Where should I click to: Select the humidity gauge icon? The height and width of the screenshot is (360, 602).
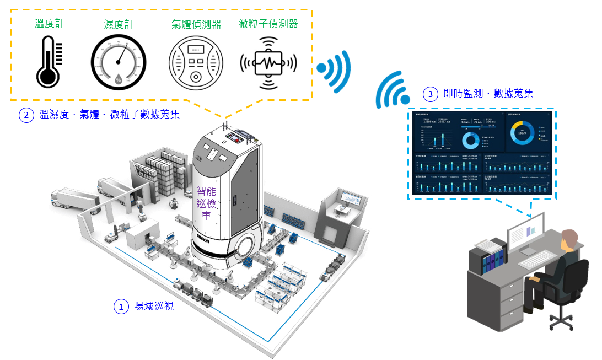pyautogui.click(x=119, y=62)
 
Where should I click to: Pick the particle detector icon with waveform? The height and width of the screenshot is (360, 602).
pyautogui.click(x=268, y=62)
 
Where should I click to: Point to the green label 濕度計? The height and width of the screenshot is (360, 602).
pyautogui.click(x=119, y=24)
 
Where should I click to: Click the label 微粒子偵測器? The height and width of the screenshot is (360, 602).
pyautogui.click(x=268, y=24)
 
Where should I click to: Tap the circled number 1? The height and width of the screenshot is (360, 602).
pyautogui.click(x=120, y=306)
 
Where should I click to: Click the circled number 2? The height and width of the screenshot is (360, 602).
pyautogui.click(x=25, y=115)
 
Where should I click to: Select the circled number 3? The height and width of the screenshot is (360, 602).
pyautogui.click(x=431, y=94)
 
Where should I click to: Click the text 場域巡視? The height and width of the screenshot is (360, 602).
pyautogui.click(x=154, y=306)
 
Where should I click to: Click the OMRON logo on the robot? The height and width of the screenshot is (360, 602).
pyautogui.click(x=209, y=237)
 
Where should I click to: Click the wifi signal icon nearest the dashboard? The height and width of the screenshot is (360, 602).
pyautogui.click(x=393, y=91)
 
